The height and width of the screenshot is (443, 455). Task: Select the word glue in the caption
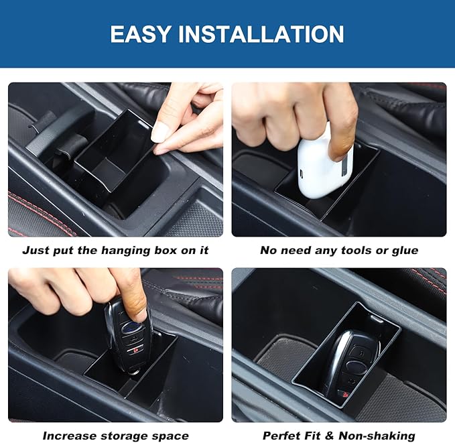click(x=403, y=251)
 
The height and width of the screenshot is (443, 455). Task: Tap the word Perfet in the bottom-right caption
click(x=283, y=436)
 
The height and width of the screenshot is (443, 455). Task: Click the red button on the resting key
click(x=343, y=395)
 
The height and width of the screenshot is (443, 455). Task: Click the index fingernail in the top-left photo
click(x=161, y=132)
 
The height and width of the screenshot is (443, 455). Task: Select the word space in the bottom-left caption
click(x=170, y=436)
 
